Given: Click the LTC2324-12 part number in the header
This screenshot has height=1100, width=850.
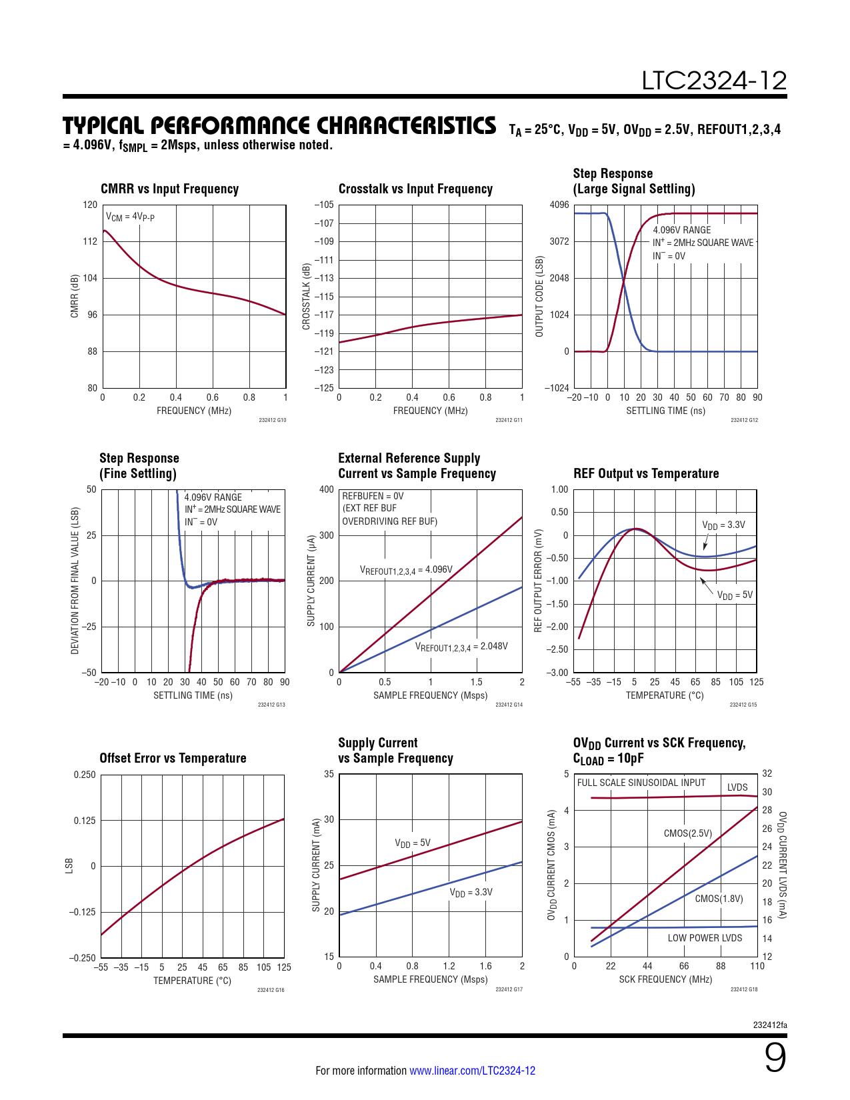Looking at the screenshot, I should (x=714, y=81).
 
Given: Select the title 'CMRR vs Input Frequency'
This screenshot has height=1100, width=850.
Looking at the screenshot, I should (x=169, y=189).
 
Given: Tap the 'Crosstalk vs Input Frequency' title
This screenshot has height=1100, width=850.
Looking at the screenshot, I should (x=415, y=189).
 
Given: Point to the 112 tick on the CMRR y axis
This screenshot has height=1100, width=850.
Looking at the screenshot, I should (x=90, y=241).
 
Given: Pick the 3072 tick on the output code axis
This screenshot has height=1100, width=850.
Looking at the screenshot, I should (x=559, y=241).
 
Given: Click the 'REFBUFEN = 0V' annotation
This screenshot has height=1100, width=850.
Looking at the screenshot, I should (x=373, y=496).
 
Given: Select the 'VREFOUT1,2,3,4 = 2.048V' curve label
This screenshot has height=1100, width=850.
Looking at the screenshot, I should (x=461, y=647).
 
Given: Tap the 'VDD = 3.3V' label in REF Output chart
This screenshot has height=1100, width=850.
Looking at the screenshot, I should (x=723, y=525).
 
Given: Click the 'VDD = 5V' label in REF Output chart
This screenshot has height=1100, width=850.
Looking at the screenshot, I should (x=735, y=595).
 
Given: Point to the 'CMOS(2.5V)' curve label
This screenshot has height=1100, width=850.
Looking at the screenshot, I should (x=687, y=833).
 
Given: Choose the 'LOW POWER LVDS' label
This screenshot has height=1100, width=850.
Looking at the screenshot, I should (x=705, y=938).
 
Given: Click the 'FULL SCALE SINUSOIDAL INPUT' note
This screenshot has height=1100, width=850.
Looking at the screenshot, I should (x=641, y=783).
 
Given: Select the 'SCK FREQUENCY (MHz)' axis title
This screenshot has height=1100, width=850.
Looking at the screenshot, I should (x=665, y=979).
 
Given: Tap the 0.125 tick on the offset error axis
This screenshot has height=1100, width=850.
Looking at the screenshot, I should (x=85, y=821).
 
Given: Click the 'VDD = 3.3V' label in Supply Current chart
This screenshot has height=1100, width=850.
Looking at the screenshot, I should (x=471, y=893).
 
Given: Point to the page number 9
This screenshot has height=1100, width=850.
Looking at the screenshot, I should (x=775, y=1058).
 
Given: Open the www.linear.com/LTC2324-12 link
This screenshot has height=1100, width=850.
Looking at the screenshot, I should (x=472, y=1071).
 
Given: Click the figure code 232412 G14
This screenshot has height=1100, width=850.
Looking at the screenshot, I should (x=509, y=705).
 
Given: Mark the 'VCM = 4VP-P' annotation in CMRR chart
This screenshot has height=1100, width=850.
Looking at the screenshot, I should (x=130, y=217).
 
